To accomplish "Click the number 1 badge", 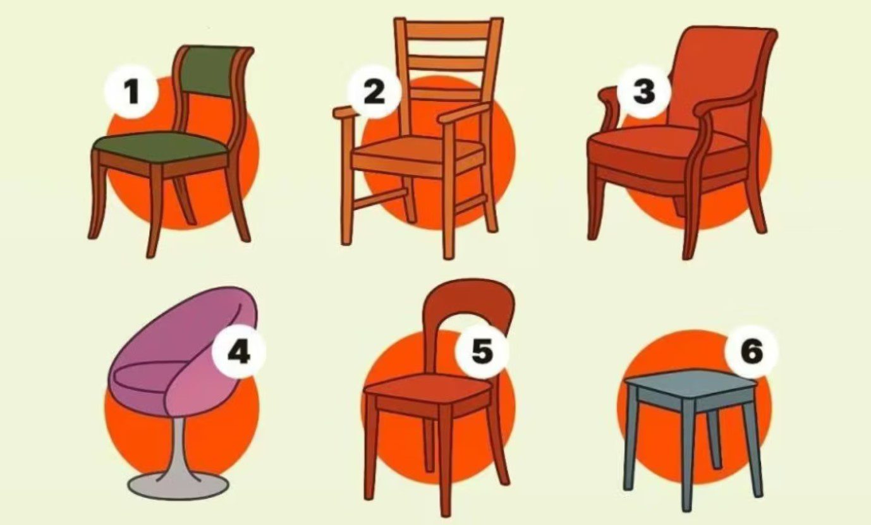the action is point(131,92).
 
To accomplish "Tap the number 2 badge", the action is point(374,92).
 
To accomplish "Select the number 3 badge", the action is point(644,92).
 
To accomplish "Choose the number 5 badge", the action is point(482,351).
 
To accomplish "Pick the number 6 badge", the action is point(752,351).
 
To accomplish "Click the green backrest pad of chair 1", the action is point(212,72).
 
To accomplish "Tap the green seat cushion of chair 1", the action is point(159,147).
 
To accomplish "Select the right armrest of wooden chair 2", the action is point(465,113).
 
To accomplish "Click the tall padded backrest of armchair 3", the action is point(719,78).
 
